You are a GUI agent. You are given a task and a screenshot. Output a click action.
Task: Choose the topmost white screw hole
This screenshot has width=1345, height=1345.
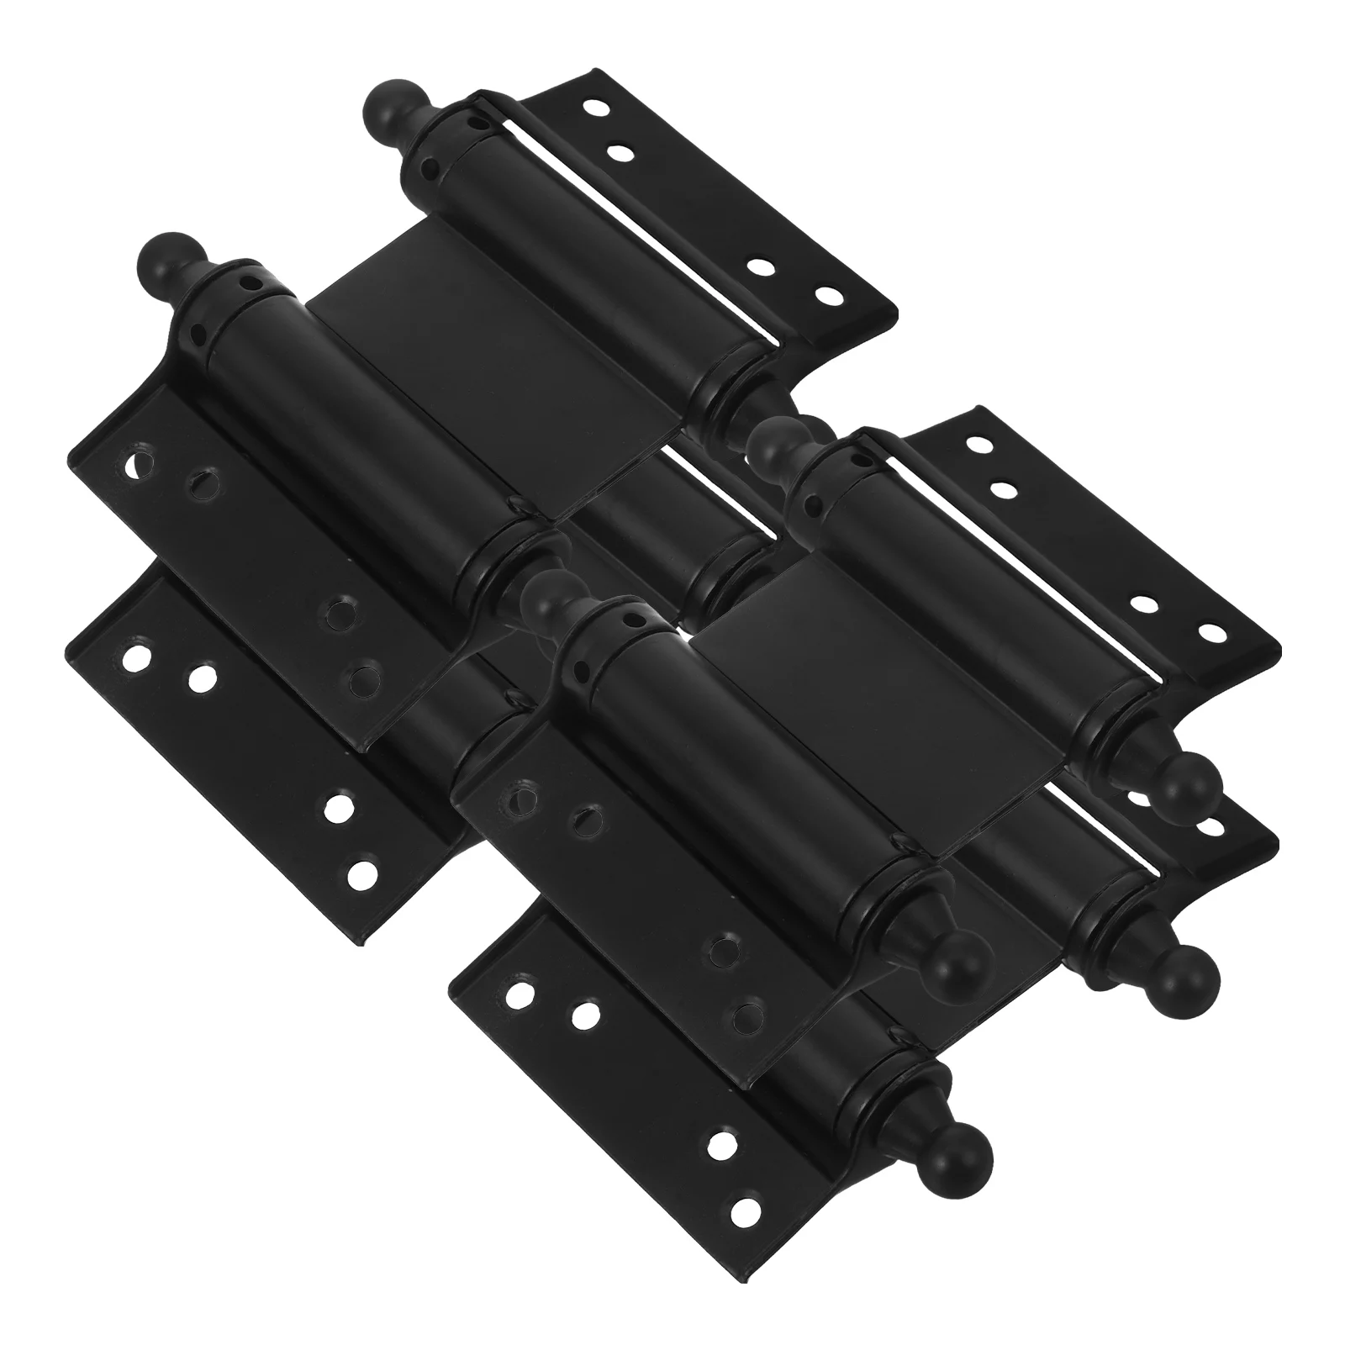(x=599, y=108)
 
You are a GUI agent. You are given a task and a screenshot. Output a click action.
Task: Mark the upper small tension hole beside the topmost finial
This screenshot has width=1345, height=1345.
(x=479, y=122)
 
